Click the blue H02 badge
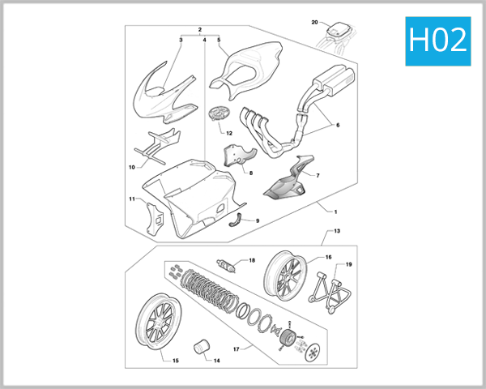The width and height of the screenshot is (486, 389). tap(438, 41)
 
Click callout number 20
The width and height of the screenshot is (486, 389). tap(314, 23)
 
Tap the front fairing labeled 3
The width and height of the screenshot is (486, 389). tap(164, 93)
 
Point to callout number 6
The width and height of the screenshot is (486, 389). tap(338, 125)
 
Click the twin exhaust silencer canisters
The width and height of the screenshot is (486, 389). tap(333, 81)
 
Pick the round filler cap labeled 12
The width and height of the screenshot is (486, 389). tap(218, 113)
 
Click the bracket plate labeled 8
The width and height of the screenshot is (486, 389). tap(239, 155)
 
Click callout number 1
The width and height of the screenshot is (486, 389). tap(335, 212)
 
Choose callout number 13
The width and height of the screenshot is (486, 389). tap(337, 231)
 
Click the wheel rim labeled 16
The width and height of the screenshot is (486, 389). tap(284, 276)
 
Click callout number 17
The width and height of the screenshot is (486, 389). tap(237, 349)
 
